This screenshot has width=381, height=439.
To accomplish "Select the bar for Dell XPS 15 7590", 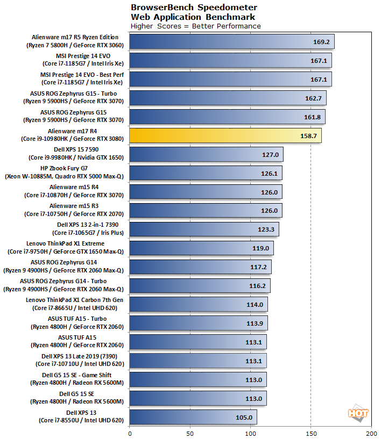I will click(x=206, y=154).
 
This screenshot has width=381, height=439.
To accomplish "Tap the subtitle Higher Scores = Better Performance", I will click(x=196, y=26).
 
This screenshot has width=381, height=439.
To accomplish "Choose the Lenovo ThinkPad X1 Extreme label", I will click(x=66, y=248).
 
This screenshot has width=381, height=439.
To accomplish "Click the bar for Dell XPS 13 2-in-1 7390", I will click(x=204, y=229).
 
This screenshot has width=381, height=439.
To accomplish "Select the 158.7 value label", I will click(x=309, y=135).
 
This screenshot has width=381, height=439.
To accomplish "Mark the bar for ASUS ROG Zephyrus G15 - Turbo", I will click(x=228, y=98).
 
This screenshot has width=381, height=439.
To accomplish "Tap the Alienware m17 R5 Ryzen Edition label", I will click(x=75, y=41).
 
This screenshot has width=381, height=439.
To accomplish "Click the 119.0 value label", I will click(x=260, y=248).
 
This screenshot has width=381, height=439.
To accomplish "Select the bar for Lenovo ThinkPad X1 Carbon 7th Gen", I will click(x=199, y=305).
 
